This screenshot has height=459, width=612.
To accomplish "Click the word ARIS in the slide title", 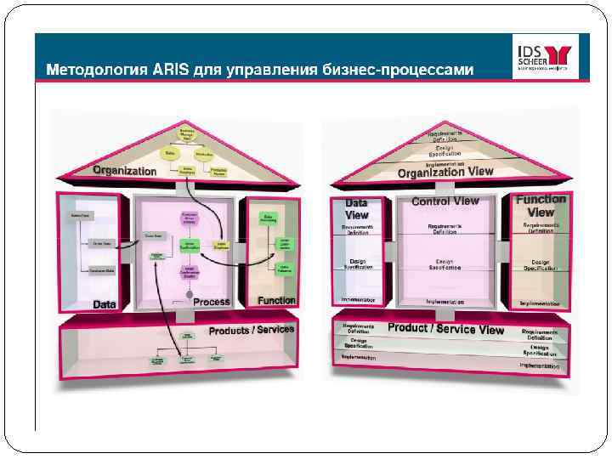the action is click(x=170, y=69).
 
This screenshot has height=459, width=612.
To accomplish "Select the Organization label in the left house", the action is click(x=125, y=171).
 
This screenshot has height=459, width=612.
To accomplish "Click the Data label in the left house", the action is click(x=105, y=303).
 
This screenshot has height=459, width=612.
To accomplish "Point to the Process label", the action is click(x=212, y=302).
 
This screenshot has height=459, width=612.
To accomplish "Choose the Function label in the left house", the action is click(x=277, y=300).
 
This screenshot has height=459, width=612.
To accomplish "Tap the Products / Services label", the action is click(x=252, y=329).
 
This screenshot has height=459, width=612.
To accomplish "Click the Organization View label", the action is click(x=445, y=172).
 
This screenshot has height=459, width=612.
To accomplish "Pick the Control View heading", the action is click(x=445, y=201).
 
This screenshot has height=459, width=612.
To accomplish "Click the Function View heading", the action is click(x=541, y=206).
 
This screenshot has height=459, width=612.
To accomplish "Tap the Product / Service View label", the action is click(x=446, y=328).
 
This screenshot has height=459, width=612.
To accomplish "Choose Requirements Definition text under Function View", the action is click(x=541, y=228).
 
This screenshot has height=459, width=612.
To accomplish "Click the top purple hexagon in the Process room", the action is click(x=190, y=218).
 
